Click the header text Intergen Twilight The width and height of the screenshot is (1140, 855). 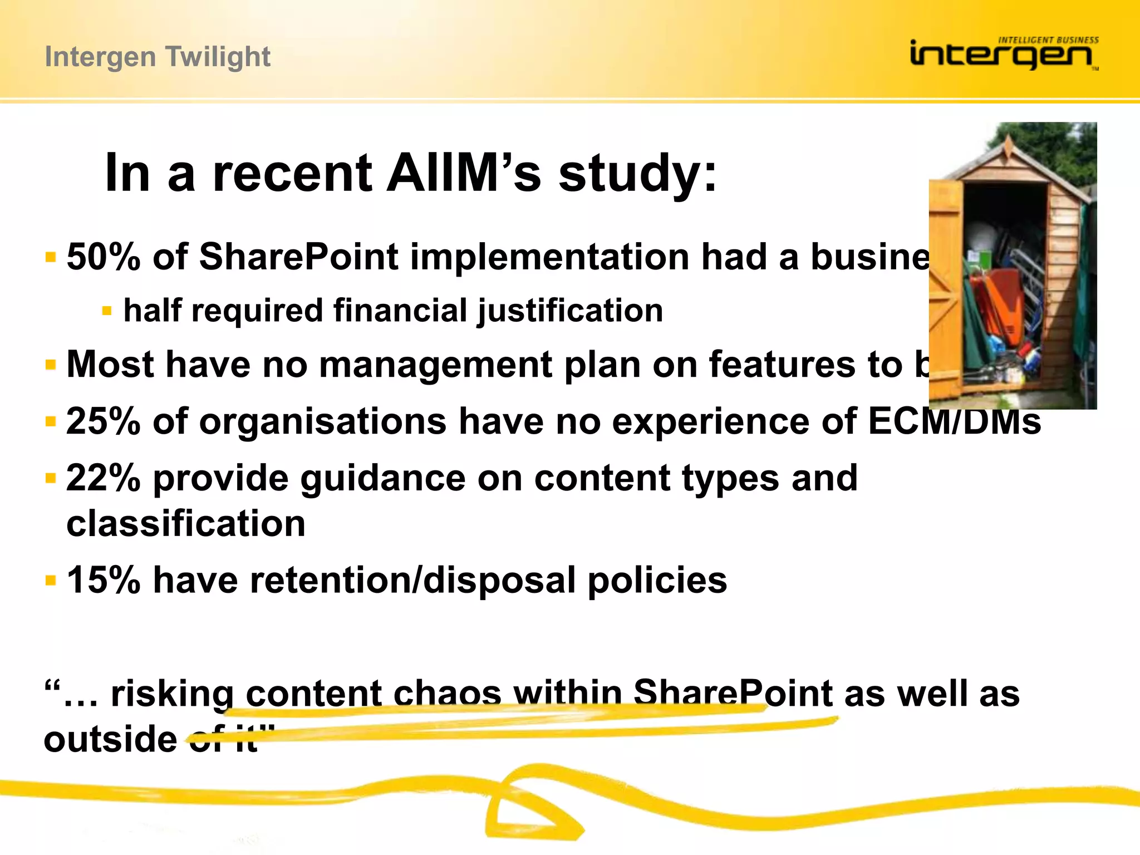tap(158, 57)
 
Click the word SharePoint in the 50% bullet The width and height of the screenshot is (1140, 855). tap(298, 257)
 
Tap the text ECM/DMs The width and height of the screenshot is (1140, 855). tap(954, 421)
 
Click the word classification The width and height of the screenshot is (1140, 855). tap(186, 524)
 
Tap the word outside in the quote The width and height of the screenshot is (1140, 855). tap(110, 739)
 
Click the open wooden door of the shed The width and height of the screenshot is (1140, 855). tap(946, 289)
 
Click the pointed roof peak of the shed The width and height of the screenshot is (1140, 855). tap(1008, 139)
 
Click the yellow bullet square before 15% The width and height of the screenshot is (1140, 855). tap(51, 581)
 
